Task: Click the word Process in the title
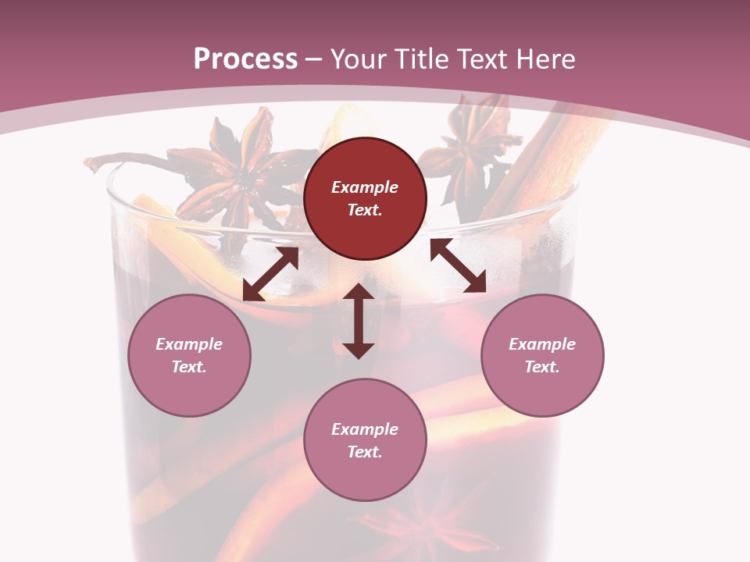[245, 59]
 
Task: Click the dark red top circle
[365, 198]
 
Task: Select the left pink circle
[189, 355]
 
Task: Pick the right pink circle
[542, 355]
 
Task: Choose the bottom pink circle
[365, 440]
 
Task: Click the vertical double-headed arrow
[359, 321]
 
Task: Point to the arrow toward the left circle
[270, 274]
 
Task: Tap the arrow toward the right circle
[458, 265]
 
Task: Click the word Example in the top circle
[365, 187]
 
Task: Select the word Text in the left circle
[189, 367]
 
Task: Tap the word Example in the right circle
[542, 344]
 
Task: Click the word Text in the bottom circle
[365, 452]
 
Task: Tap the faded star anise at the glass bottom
[406, 523]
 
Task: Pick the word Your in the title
[356, 59]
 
